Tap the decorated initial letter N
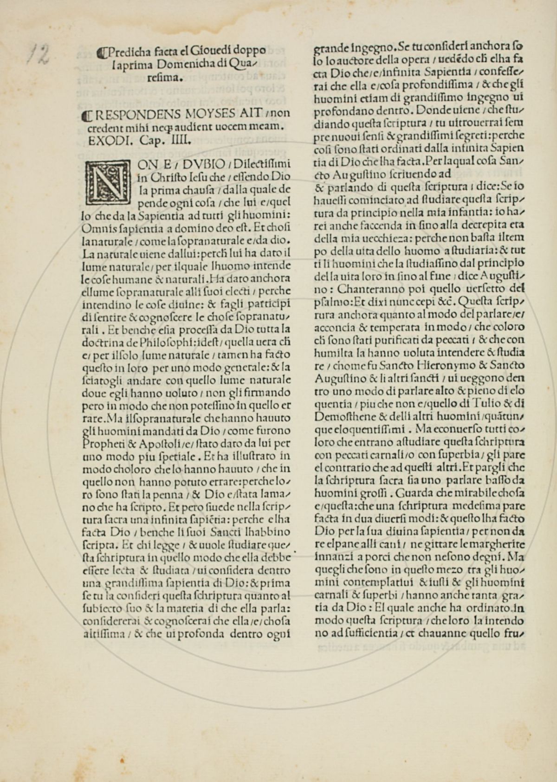pyautogui.click(x=107, y=181)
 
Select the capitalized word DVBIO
pyautogui.click(x=204, y=164)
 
